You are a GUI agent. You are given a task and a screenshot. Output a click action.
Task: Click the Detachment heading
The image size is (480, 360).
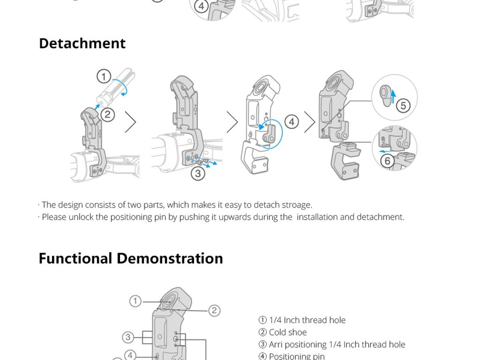(x=82, y=43)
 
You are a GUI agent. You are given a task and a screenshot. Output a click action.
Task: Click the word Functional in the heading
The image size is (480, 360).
(x=75, y=259)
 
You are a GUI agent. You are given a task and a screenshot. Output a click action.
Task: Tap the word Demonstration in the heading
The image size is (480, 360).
(x=170, y=259)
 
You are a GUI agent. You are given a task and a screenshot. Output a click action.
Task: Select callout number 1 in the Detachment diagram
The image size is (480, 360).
(x=104, y=76)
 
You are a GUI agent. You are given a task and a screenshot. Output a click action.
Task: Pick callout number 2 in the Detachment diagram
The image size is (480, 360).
(x=108, y=115)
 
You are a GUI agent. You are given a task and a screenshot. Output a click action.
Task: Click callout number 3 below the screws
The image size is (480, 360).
(x=198, y=174)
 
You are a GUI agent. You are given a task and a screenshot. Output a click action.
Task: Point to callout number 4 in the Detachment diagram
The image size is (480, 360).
(x=292, y=122)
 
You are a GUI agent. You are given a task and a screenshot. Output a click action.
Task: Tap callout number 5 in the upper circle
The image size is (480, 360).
(x=403, y=106)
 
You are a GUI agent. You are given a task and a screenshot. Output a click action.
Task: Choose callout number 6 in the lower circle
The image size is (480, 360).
(x=387, y=161)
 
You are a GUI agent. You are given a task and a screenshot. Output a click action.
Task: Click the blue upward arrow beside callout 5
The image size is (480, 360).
(x=393, y=96)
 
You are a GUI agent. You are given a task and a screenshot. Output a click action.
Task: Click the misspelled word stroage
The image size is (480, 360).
(x=297, y=205)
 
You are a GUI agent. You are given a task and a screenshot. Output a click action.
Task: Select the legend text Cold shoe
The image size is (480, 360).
(x=288, y=332)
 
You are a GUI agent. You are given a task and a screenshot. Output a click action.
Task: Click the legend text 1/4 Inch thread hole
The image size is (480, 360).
(x=307, y=320)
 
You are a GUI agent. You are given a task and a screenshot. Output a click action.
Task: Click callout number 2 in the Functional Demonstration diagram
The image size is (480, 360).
(x=214, y=310)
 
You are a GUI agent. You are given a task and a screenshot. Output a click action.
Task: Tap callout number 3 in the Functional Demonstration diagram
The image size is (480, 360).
(x=128, y=337)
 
